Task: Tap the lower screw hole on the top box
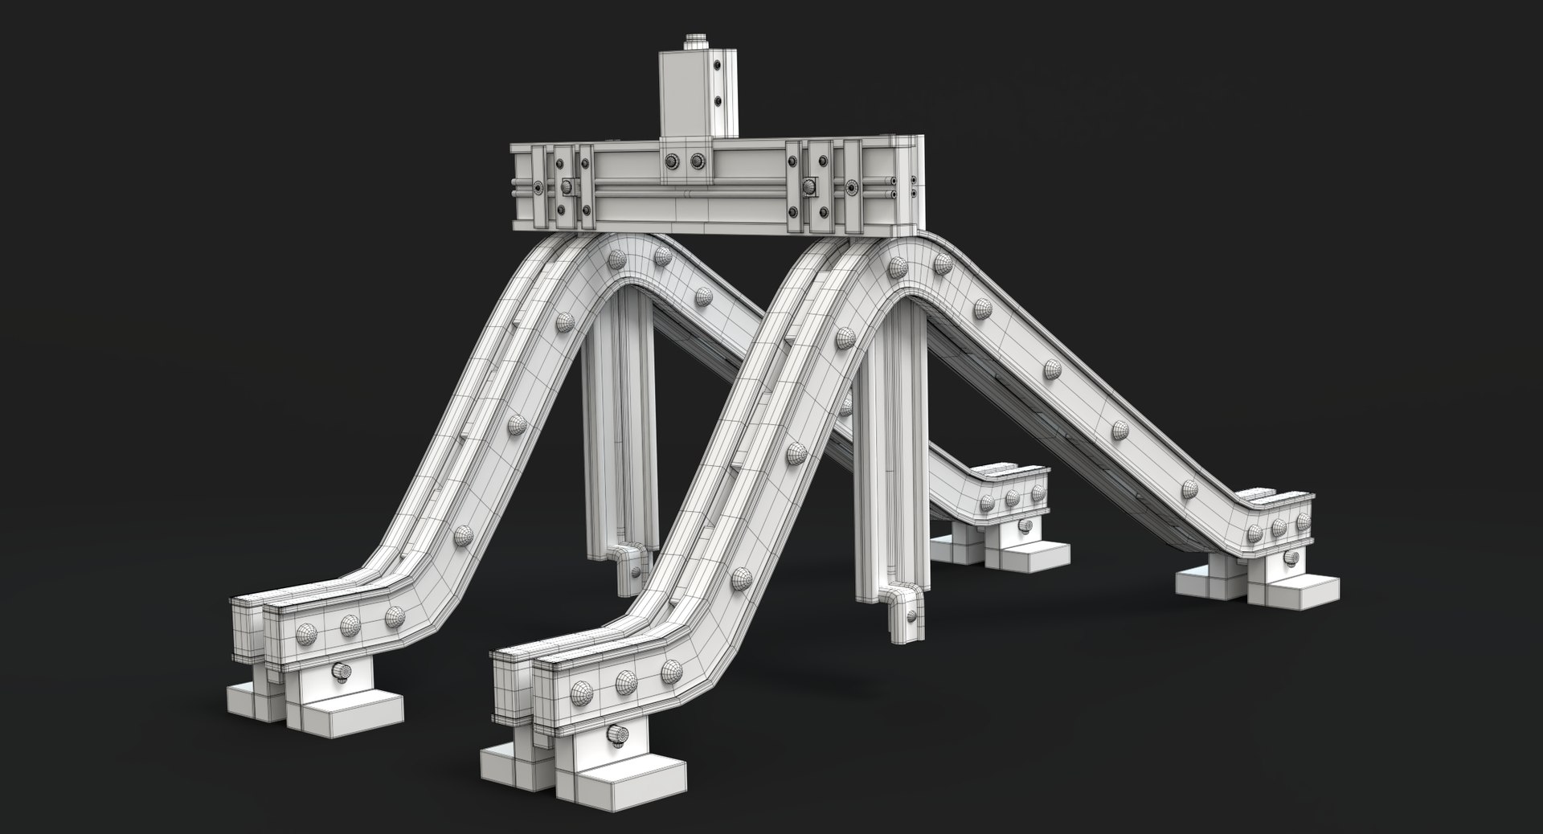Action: pos(720,101)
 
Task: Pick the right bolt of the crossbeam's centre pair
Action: pos(696,162)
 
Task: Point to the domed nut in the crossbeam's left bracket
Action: pos(567,186)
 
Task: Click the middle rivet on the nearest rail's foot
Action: pos(627,681)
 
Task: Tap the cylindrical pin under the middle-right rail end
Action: pos(1025,526)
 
